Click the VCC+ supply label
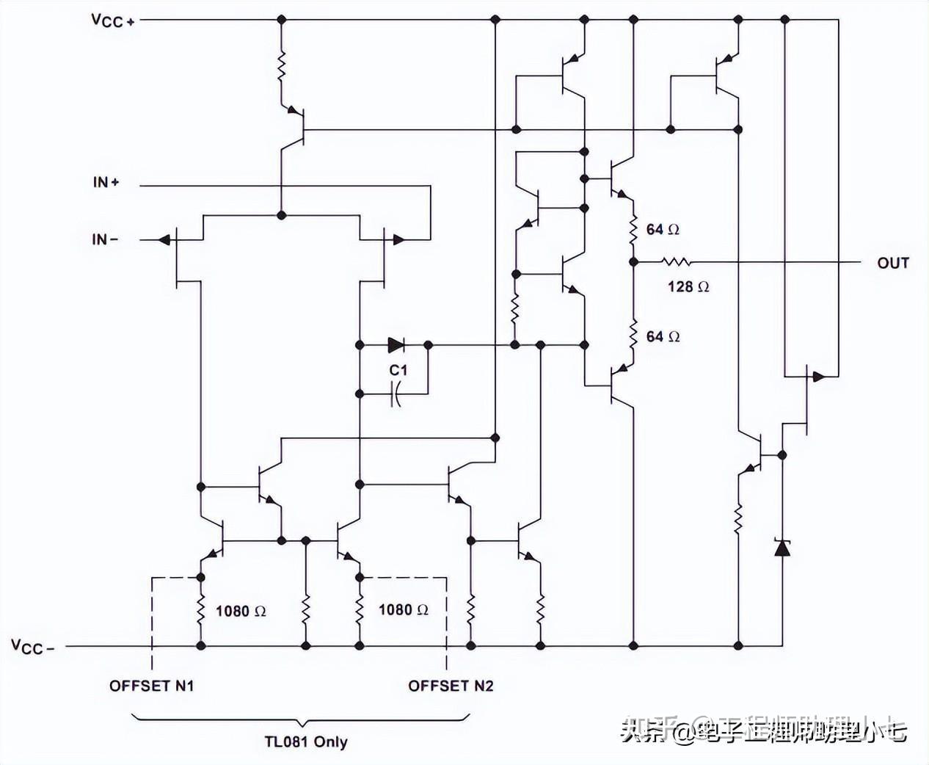(x=112, y=20)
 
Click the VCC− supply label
(x=32, y=646)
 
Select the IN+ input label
(x=106, y=181)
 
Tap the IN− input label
(x=104, y=239)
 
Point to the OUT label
(x=892, y=263)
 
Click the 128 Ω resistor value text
(x=688, y=286)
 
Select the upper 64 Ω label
(x=662, y=230)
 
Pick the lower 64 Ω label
(x=662, y=336)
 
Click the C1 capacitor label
(x=398, y=370)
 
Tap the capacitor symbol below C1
(x=396, y=395)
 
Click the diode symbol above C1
(x=396, y=344)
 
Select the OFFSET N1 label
(x=151, y=686)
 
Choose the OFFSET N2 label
(x=451, y=686)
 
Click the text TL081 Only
(x=305, y=742)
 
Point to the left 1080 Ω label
(x=240, y=611)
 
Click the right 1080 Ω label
(x=403, y=609)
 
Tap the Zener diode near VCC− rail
(x=782, y=547)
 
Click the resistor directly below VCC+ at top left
(x=281, y=67)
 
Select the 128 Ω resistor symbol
(x=675, y=261)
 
